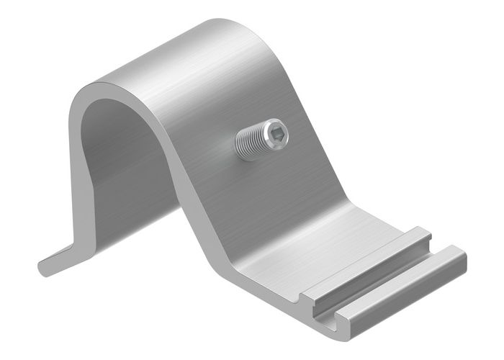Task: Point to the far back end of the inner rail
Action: point(425,232)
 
